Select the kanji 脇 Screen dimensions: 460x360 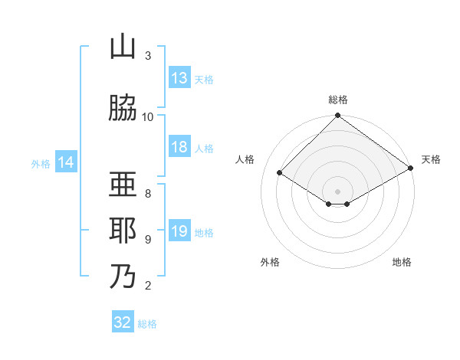tap(123, 107)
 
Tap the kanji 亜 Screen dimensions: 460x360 tap(123, 184)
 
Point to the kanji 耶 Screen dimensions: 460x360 tap(123, 230)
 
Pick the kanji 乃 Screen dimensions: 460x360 tap(123, 276)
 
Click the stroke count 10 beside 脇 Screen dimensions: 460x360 tap(147, 117)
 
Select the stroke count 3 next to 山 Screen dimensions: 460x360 tap(148, 56)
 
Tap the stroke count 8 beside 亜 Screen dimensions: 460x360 tap(148, 194)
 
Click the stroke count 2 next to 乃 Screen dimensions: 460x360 tap(148, 286)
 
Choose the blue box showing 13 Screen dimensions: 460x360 tap(180, 77)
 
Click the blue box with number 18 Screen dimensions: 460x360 tap(180, 146)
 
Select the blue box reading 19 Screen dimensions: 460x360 tap(180, 230)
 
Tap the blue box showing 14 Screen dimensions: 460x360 tap(66, 162)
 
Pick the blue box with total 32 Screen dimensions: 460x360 tap(123, 321)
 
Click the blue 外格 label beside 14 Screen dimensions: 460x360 tap(41, 164)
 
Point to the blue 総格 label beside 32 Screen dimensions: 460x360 tap(147, 324)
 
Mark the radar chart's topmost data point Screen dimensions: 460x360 tap(337, 115)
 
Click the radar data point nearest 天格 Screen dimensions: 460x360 tap(411, 168)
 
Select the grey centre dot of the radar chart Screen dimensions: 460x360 tap(337, 191)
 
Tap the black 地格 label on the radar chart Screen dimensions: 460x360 tap(402, 262)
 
